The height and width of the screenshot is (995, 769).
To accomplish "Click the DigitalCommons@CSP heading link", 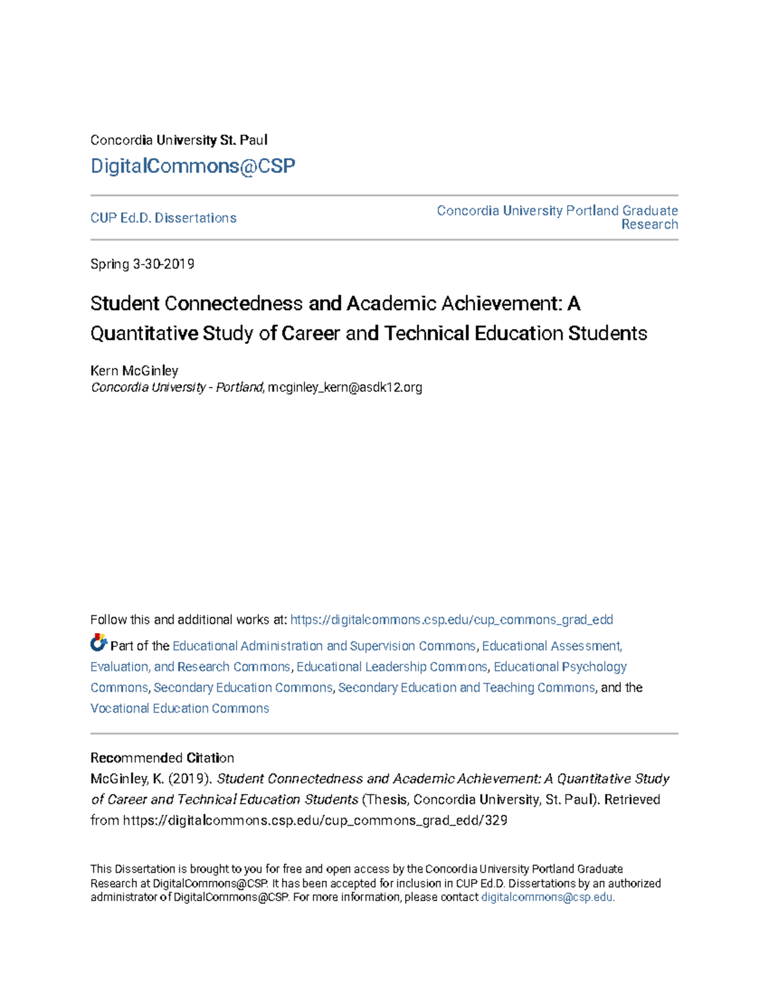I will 192,166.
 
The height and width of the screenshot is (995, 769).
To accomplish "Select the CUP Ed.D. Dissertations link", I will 163,218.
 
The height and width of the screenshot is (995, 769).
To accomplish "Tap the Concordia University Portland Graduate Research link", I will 557,217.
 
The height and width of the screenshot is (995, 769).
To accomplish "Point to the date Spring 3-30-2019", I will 142,264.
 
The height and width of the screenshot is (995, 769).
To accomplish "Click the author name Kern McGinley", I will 134,370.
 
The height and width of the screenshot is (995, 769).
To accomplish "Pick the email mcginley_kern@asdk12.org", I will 345,388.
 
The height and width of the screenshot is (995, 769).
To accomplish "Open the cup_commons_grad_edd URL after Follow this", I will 451,620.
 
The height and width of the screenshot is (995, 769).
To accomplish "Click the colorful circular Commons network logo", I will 98,642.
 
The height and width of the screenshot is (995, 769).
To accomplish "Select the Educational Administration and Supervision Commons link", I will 324,646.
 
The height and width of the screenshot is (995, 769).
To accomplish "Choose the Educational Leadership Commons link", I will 392,667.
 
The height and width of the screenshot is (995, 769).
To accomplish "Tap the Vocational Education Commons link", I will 179,709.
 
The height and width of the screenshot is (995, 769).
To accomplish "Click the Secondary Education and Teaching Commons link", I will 466,687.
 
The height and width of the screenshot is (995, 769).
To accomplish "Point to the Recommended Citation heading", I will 161,758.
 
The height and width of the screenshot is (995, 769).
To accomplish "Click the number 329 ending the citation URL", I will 496,821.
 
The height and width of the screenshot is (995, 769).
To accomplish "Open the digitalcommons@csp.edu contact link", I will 547,898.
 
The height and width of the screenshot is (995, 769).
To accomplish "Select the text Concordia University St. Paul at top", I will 179,140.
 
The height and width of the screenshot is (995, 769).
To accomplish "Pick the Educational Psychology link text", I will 560,667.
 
